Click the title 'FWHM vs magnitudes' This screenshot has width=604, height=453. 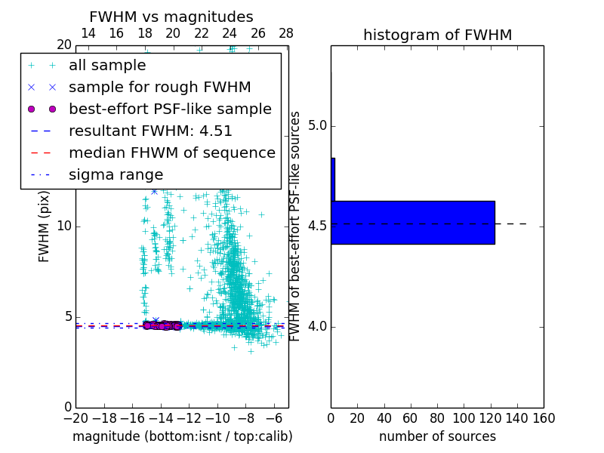click(171, 17)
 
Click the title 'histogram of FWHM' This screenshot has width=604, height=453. click(437, 35)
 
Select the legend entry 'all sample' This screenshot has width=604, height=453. click(107, 66)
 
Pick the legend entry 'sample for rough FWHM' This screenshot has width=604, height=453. click(159, 88)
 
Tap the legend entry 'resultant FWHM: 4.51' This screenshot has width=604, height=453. click(150, 131)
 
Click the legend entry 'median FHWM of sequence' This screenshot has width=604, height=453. click(171, 153)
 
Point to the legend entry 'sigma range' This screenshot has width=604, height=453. click(116, 175)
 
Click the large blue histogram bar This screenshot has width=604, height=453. click(412, 223)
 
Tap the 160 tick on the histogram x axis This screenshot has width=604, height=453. click(544, 418)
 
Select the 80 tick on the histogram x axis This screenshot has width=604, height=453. click(437, 418)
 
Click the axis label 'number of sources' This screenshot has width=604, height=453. click(437, 436)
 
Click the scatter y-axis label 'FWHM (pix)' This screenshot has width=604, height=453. click(45, 226)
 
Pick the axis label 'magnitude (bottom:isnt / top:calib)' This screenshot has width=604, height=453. click(182, 436)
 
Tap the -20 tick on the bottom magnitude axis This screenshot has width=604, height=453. click(75, 418)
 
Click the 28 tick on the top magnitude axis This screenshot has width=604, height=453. click(286, 34)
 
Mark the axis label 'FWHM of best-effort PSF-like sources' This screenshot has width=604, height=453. click(296, 226)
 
